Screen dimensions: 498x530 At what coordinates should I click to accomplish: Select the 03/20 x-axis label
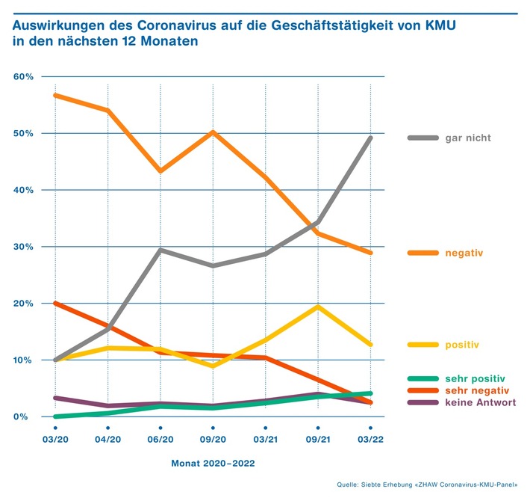pyautogui.click(x=55, y=440)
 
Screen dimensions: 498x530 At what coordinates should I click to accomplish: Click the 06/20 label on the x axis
pyautogui.click(x=160, y=440)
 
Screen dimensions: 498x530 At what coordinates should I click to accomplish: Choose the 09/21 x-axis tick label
pyautogui.click(x=319, y=440)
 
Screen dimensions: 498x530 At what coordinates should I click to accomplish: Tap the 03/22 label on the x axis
pyautogui.click(x=371, y=440)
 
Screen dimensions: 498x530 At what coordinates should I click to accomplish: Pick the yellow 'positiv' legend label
pyautogui.click(x=461, y=345)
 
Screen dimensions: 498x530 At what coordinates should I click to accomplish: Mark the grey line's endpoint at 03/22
pyautogui.click(x=371, y=138)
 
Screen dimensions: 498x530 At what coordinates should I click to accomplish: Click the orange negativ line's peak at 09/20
pyautogui.click(x=213, y=132)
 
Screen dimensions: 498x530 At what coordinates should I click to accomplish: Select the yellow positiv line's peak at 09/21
pyautogui.click(x=319, y=307)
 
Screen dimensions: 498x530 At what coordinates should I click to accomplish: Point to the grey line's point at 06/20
pyautogui.click(x=160, y=250)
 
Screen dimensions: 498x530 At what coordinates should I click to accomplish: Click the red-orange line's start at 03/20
pyautogui.click(x=55, y=304)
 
